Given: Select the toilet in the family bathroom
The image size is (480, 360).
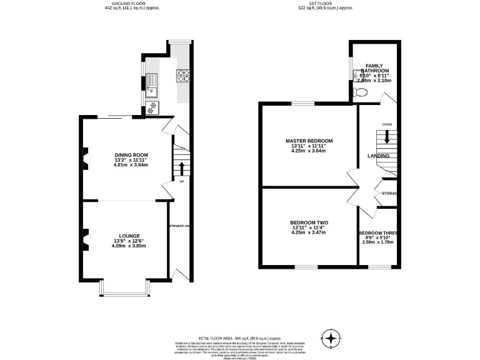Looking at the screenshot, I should pyautogui.click(x=360, y=92).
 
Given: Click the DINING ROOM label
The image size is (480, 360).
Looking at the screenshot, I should pyautogui.click(x=131, y=154).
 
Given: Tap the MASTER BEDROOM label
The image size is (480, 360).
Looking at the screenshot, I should pyautogui.click(x=309, y=141).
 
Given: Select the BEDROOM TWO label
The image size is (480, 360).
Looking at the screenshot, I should pyautogui.click(x=309, y=222).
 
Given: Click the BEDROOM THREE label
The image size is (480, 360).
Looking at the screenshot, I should pyautogui.click(x=379, y=233).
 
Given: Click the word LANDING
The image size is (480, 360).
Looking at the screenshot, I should pyautogui.click(x=378, y=156).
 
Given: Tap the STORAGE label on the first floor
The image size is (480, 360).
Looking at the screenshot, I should pyautogui.click(x=390, y=193).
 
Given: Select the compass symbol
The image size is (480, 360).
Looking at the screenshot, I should pyautogui.click(x=331, y=338).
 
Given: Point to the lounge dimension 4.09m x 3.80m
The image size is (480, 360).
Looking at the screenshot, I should pyautogui.click(x=130, y=246).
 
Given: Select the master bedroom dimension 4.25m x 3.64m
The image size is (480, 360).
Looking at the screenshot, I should pyautogui.click(x=309, y=151).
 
